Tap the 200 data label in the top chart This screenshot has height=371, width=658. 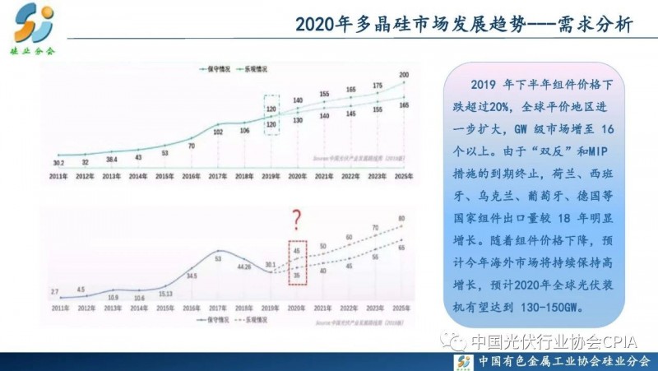[403, 76]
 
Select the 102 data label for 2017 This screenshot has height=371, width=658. [218, 132]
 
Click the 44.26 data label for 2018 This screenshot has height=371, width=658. [243, 266]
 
